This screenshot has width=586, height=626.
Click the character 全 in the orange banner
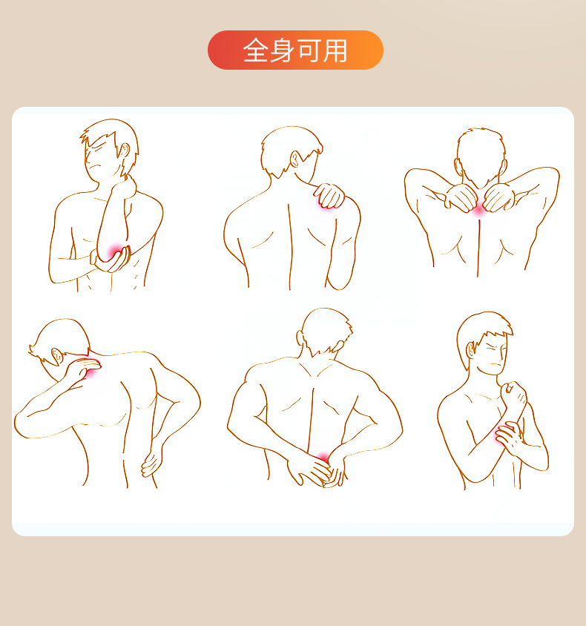pyautogui.click(x=256, y=50)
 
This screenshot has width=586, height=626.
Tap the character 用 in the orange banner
pyautogui.click(x=335, y=50)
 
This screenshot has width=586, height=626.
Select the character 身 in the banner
pyautogui.click(x=283, y=50)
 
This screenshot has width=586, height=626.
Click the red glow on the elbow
pyautogui.click(x=116, y=251)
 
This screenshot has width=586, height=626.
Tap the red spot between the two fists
pyautogui.click(x=479, y=210)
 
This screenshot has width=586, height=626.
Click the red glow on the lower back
pyautogui.click(x=323, y=457)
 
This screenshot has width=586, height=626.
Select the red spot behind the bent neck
pyautogui.click(x=93, y=372)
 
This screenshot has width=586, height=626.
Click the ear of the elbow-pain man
pyautogui.click(x=125, y=151)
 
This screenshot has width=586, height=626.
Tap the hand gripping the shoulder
pyautogui.click(x=329, y=195)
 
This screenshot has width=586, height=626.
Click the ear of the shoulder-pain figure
pyautogui.click(x=294, y=159)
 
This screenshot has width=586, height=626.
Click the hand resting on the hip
pyautogui.click(x=151, y=463)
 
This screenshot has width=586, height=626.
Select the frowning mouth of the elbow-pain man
pyautogui.click(x=94, y=166)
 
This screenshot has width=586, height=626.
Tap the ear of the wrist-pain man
pyautogui.click(x=472, y=350)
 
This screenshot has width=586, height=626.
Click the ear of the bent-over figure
pyautogui.click(x=56, y=356)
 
